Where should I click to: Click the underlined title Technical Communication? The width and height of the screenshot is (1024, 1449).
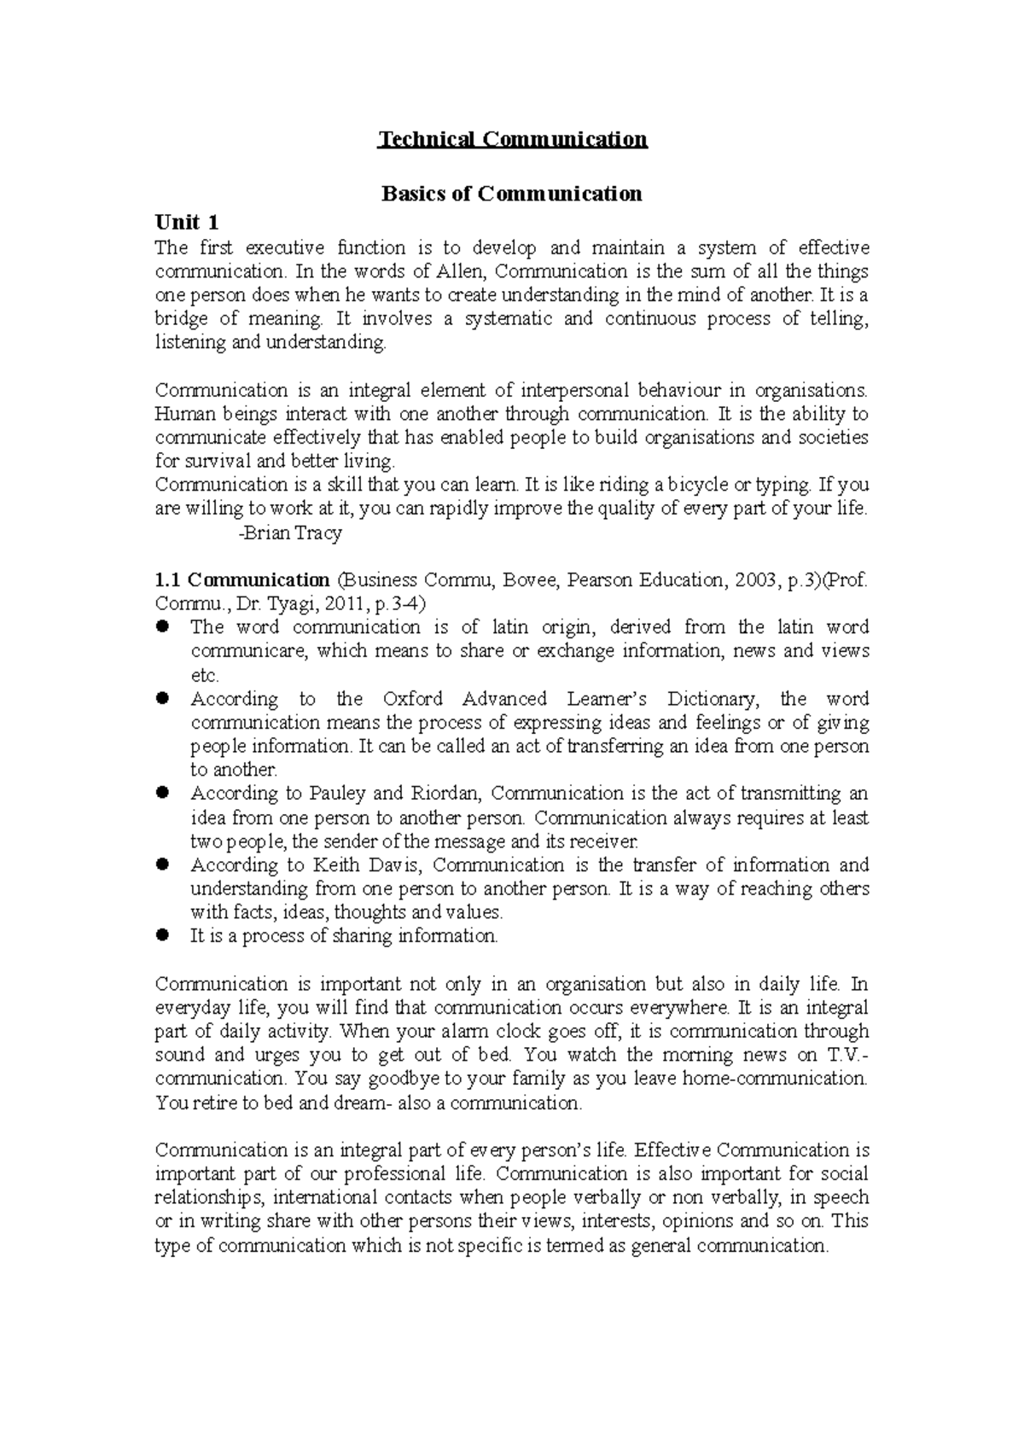pyautogui.click(x=512, y=139)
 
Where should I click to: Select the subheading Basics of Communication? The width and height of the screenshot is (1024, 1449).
pyautogui.click(x=511, y=194)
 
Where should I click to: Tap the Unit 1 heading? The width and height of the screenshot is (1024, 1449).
pyautogui.click(x=187, y=223)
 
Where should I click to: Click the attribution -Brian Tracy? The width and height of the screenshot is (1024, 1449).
pyautogui.click(x=290, y=533)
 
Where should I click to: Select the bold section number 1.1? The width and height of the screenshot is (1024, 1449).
pyautogui.click(x=167, y=580)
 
